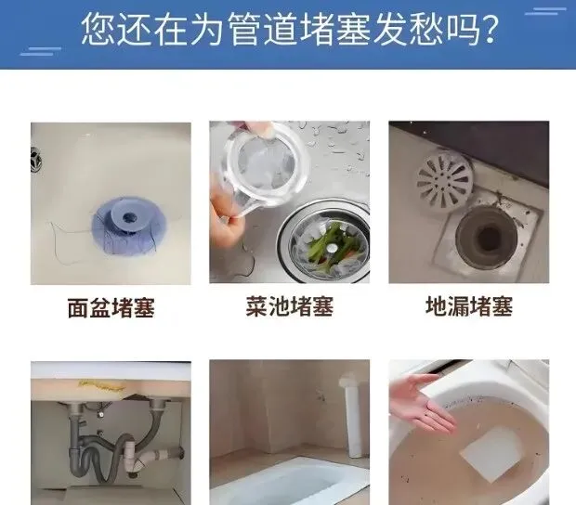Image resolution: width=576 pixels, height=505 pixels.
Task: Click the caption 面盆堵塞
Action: tap(111, 308)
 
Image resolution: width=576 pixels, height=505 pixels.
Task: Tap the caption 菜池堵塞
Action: tap(290, 307)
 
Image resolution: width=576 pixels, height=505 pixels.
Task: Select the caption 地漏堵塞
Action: tap(469, 307)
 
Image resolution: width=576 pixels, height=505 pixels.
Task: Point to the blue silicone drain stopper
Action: tap(128, 227)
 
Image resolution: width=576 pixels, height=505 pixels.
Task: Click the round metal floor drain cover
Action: tap(444, 181)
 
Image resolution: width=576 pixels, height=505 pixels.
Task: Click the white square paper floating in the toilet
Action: tap(491, 452)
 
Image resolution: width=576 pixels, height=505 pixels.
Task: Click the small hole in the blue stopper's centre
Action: tap(128, 217)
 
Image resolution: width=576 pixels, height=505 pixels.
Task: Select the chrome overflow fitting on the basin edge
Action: tap(35, 160)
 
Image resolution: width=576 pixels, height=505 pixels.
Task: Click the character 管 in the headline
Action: tap(245, 30)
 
